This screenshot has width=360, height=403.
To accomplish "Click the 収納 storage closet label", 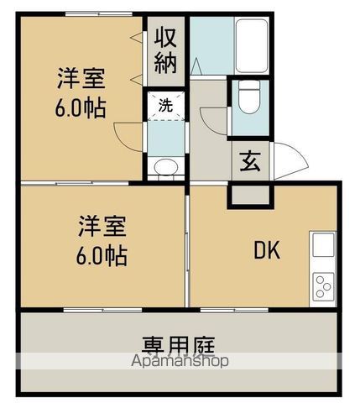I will click(x=164, y=50).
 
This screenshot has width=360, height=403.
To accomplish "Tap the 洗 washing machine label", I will click(x=165, y=107).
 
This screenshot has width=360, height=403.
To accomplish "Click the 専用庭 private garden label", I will click(x=179, y=345).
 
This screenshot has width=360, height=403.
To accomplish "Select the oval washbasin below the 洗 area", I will click(x=165, y=166).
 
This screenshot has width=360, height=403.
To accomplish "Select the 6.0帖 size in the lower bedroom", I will click(x=104, y=255).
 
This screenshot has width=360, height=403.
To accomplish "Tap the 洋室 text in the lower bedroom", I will click(x=103, y=227).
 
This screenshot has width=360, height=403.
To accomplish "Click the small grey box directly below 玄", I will click(x=250, y=194).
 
